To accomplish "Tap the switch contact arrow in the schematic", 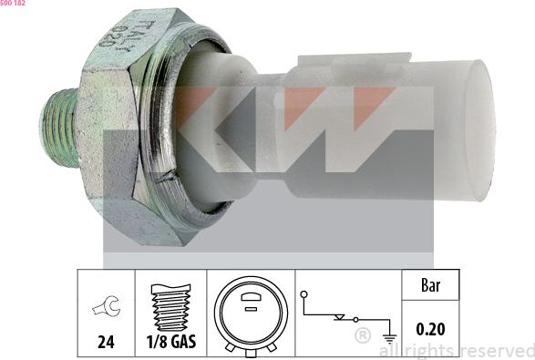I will pos(341,318).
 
